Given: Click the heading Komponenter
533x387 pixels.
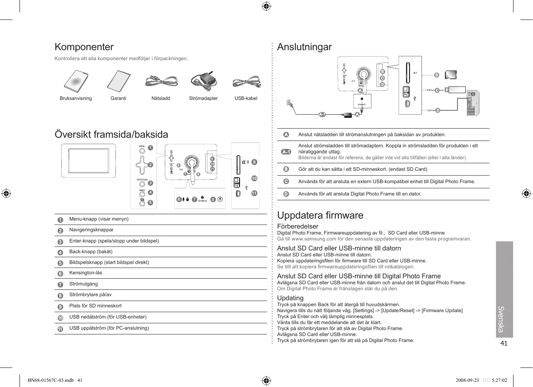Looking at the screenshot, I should pyautogui.click(x=84, y=47).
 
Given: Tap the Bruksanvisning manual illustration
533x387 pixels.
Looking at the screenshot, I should pyautogui.click(x=76, y=81).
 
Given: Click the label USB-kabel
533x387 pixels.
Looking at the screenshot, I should pyautogui.click(x=246, y=98).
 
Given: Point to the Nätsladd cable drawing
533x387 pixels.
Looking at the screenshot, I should pyautogui.click(x=161, y=81).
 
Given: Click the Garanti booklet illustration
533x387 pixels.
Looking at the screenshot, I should pyautogui.click(x=119, y=81).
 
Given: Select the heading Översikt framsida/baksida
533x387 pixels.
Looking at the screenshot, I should pyautogui.click(x=111, y=135).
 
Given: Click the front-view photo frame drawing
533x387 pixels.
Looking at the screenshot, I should pyautogui.click(x=88, y=161).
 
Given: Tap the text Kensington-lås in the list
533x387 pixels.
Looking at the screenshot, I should pyautogui.click(x=86, y=273).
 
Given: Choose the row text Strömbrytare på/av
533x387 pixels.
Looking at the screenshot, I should pyautogui.click(x=90, y=295).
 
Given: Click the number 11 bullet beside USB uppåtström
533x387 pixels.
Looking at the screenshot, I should pyautogui.click(x=61, y=329).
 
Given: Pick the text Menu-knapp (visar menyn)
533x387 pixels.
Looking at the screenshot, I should pyautogui.click(x=99, y=219).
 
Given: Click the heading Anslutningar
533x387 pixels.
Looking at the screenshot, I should pyautogui.click(x=305, y=47).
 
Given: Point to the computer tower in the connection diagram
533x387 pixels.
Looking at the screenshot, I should pyautogui.click(x=473, y=103).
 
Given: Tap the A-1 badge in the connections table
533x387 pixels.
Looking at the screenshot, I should pyautogui.click(x=286, y=152).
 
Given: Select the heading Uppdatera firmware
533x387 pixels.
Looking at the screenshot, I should pyautogui.click(x=320, y=215).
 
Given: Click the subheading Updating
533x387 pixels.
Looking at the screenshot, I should pyautogui.click(x=290, y=298).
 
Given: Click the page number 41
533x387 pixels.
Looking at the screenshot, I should pyautogui.click(x=504, y=344).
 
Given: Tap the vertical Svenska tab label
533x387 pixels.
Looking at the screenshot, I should pyautogui.click(x=501, y=319).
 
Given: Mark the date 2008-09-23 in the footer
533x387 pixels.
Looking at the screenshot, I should pyautogui.click(x=467, y=380).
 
